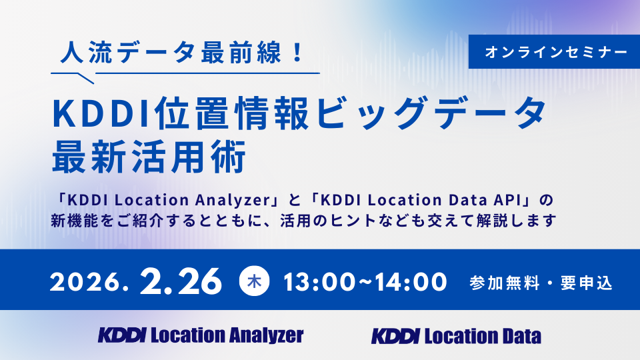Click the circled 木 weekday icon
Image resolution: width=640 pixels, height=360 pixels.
(253, 281)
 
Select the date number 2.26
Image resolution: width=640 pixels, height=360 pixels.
(181, 281)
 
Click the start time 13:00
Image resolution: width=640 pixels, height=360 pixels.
(319, 281)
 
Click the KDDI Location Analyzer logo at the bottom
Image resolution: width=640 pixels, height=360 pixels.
(201, 335)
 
